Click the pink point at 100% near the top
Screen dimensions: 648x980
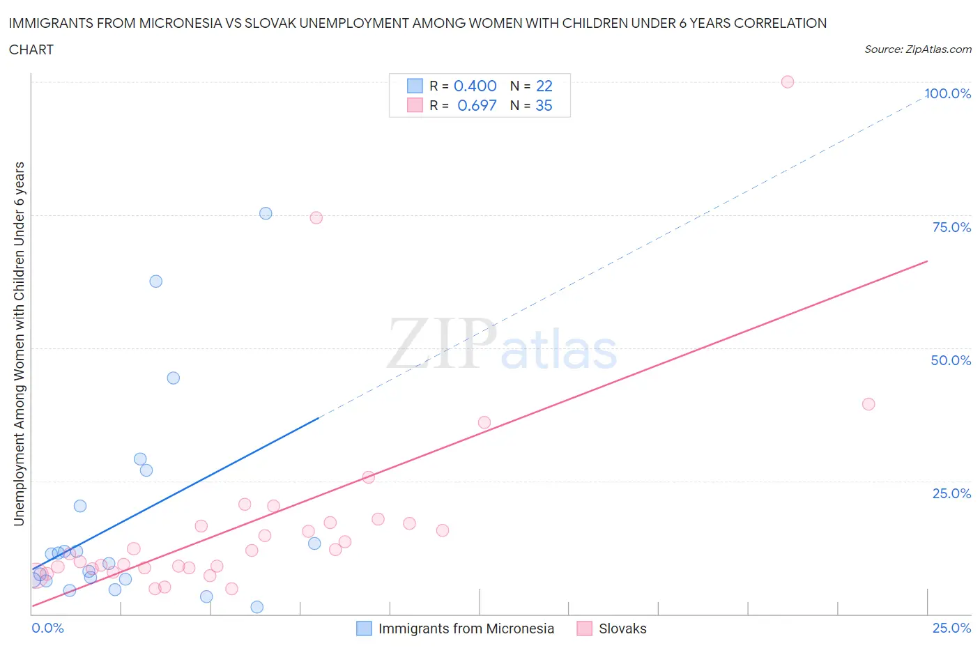pos(788,82)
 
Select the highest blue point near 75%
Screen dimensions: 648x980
pos(266,213)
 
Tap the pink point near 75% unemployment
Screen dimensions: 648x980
pos(316,217)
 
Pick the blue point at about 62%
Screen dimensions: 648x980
pos(156,281)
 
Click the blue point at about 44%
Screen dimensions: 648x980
pos(174,378)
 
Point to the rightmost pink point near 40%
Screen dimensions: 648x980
pos(868,404)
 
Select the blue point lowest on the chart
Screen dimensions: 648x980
pos(257,607)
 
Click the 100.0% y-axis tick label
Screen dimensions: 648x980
pos(947,93)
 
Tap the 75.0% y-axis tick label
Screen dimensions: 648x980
pos(951,227)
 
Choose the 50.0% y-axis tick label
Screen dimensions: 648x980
pos(951,360)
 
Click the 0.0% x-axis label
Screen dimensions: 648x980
pos(47,628)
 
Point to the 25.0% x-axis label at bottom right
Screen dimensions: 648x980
pos(951,628)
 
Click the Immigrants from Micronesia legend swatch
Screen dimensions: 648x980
pos(364,628)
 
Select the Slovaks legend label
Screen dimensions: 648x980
pos(622,628)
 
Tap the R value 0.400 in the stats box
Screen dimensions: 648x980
pos(475,86)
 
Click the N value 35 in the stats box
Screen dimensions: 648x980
pos(544,105)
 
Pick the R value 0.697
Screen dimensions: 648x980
pos(477,105)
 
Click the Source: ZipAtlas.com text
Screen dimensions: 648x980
pos(917,49)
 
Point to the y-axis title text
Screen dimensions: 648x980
pos(19,344)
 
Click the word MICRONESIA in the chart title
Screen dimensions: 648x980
pos(178,23)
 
